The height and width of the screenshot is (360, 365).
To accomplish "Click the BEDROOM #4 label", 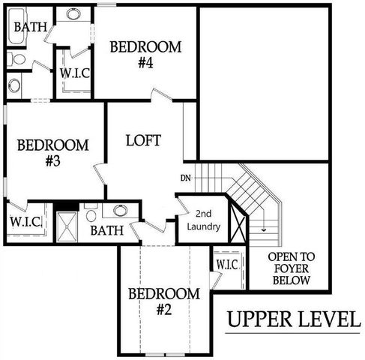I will pyautogui.click(x=145, y=55).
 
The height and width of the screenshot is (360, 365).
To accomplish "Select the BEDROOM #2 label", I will pyautogui.click(x=163, y=300).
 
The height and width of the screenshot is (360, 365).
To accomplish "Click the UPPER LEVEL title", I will pyautogui.click(x=293, y=320).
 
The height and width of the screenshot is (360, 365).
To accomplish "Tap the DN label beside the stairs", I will pyautogui.click(x=186, y=178).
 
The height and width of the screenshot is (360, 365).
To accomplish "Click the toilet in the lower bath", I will pyautogui.click(x=91, y=213).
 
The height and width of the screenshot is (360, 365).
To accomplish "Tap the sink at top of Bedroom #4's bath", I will pyautogui.click(x=75, y=13).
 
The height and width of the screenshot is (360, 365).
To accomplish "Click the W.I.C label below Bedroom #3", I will pyautogui.click(x=25, y=223).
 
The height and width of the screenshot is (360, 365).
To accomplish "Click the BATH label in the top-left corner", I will pyautogui.click(x=30, y=27).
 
